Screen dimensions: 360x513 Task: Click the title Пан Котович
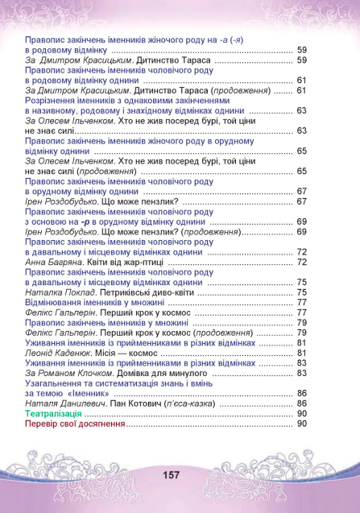[139, 403]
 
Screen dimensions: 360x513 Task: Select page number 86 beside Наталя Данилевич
[302, 403]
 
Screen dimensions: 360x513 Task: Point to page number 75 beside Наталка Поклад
[302, 293]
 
